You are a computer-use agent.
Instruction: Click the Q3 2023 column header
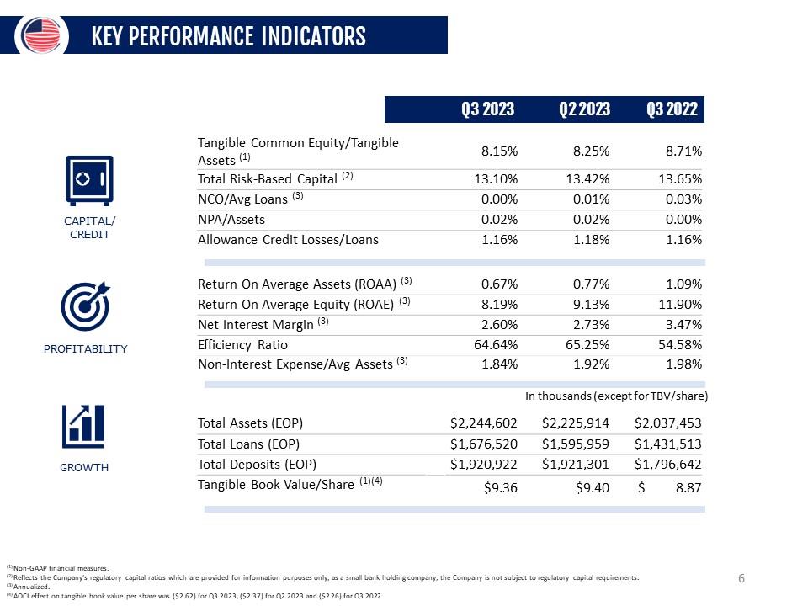pyautogui.click(x=487, y=109)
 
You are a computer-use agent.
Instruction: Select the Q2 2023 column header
pyautogui.click(x=584, y=109)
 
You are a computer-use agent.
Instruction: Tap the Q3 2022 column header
pyautogui.click(x=672, y=109)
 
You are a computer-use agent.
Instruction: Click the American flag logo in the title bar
pyautogui.click(x=42, y=35)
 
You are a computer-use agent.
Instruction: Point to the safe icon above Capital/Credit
pyautogui.click(x=89, y=180)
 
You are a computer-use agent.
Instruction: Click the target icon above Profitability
pyautogui.click(x=86, y=306)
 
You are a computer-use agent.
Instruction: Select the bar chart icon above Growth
pyautogui.click(x=83, y=426)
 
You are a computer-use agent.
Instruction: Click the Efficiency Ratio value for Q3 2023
pyautogui.click(x=496, y=345)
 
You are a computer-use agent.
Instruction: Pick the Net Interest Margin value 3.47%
pyautogui.click(x=683, y=325)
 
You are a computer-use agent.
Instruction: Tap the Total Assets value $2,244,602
pyautogui.click(x=483, y=423)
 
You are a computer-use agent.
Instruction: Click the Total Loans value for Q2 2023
pyautogui.click(x=575, y=444)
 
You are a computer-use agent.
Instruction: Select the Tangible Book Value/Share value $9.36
pyautogui.click(x=500, y=487)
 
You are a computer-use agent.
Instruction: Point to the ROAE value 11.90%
pyautogui.click(x=680, y=305)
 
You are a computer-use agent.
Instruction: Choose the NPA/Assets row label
pyautogui.click(x=231, y=220)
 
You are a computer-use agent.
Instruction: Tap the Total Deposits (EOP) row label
pyautogui.click(x=258, y=465)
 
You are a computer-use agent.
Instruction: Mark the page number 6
pyautogui.click(x=742, y=578)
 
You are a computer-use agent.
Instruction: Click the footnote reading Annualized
pyautogui.click(x=31, y=587)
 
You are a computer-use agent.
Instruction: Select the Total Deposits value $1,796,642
pyautogui.click(x=667, y=465)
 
